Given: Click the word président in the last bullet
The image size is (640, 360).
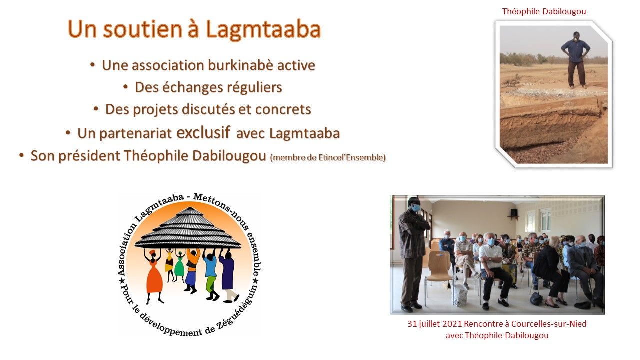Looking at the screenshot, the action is coord(89,156).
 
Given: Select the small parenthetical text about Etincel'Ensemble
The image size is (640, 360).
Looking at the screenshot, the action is coord(328,157).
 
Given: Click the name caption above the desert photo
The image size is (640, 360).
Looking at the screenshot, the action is coord(544,11).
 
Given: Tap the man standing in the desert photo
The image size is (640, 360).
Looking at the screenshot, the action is coord(575,60).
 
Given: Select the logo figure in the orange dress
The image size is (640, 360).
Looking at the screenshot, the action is coord(154,275).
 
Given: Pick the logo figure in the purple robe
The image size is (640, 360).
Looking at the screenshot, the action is coord(228,275).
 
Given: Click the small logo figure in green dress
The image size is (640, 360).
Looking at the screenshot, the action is coord(179,265).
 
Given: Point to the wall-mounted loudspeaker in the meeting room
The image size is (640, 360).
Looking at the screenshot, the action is coord(513,213).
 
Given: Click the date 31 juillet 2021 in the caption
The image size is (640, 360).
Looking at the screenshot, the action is coord(434,324).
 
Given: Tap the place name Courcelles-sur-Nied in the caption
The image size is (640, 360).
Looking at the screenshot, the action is coord(549,324).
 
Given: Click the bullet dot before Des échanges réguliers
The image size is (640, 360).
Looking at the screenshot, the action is coord(125,87).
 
